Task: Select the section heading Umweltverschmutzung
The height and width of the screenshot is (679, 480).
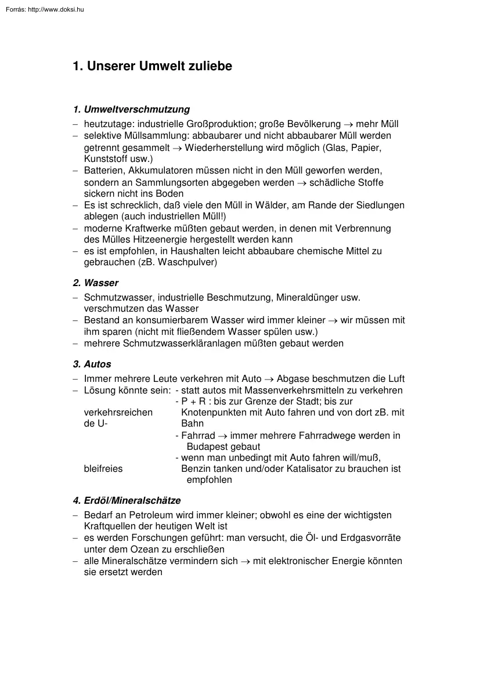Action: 136,109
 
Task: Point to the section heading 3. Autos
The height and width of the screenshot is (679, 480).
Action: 92,364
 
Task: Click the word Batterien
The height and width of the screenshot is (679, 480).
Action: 103,171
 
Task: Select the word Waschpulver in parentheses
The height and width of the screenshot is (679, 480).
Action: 189,262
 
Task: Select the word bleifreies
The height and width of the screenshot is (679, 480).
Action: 103,468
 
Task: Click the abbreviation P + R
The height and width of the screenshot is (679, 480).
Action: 193,402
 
